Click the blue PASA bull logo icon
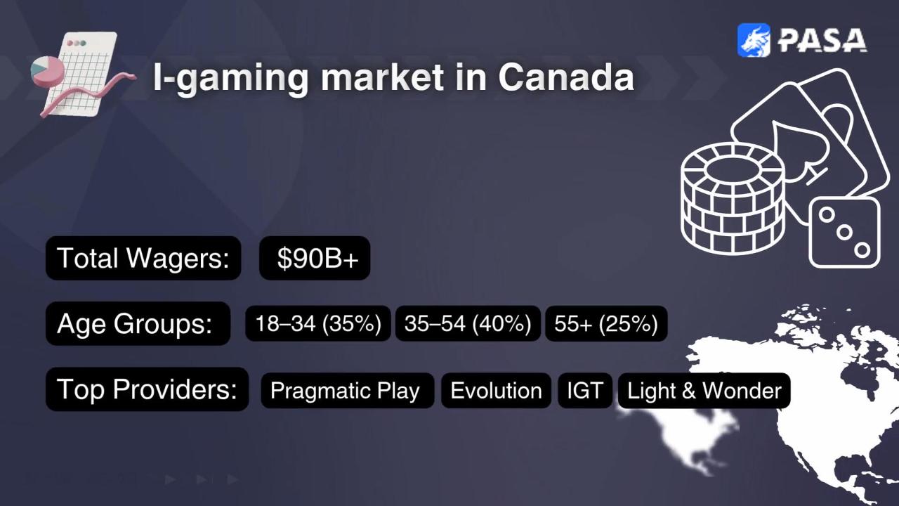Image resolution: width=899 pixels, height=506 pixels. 754,40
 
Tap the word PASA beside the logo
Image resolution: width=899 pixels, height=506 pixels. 822,40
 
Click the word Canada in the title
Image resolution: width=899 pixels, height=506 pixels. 566,77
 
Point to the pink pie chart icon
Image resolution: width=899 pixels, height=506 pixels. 47,72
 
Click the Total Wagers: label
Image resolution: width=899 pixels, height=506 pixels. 143,258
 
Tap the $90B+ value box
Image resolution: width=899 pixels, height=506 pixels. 315,258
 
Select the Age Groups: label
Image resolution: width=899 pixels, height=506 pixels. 138,323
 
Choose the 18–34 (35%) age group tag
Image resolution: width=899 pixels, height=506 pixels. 318,323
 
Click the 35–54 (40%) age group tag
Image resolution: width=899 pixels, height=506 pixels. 468,323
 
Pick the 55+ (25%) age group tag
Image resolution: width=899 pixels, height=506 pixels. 606,323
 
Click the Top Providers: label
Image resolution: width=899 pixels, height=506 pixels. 147,389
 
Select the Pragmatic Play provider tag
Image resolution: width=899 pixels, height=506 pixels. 348,390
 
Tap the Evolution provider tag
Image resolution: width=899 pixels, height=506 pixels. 496,390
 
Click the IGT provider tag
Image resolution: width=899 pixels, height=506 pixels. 585,390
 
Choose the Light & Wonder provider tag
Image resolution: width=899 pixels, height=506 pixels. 704,390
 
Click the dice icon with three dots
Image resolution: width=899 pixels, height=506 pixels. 844,233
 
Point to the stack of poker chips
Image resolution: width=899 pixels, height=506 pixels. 733,199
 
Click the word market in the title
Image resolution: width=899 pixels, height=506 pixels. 383,77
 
